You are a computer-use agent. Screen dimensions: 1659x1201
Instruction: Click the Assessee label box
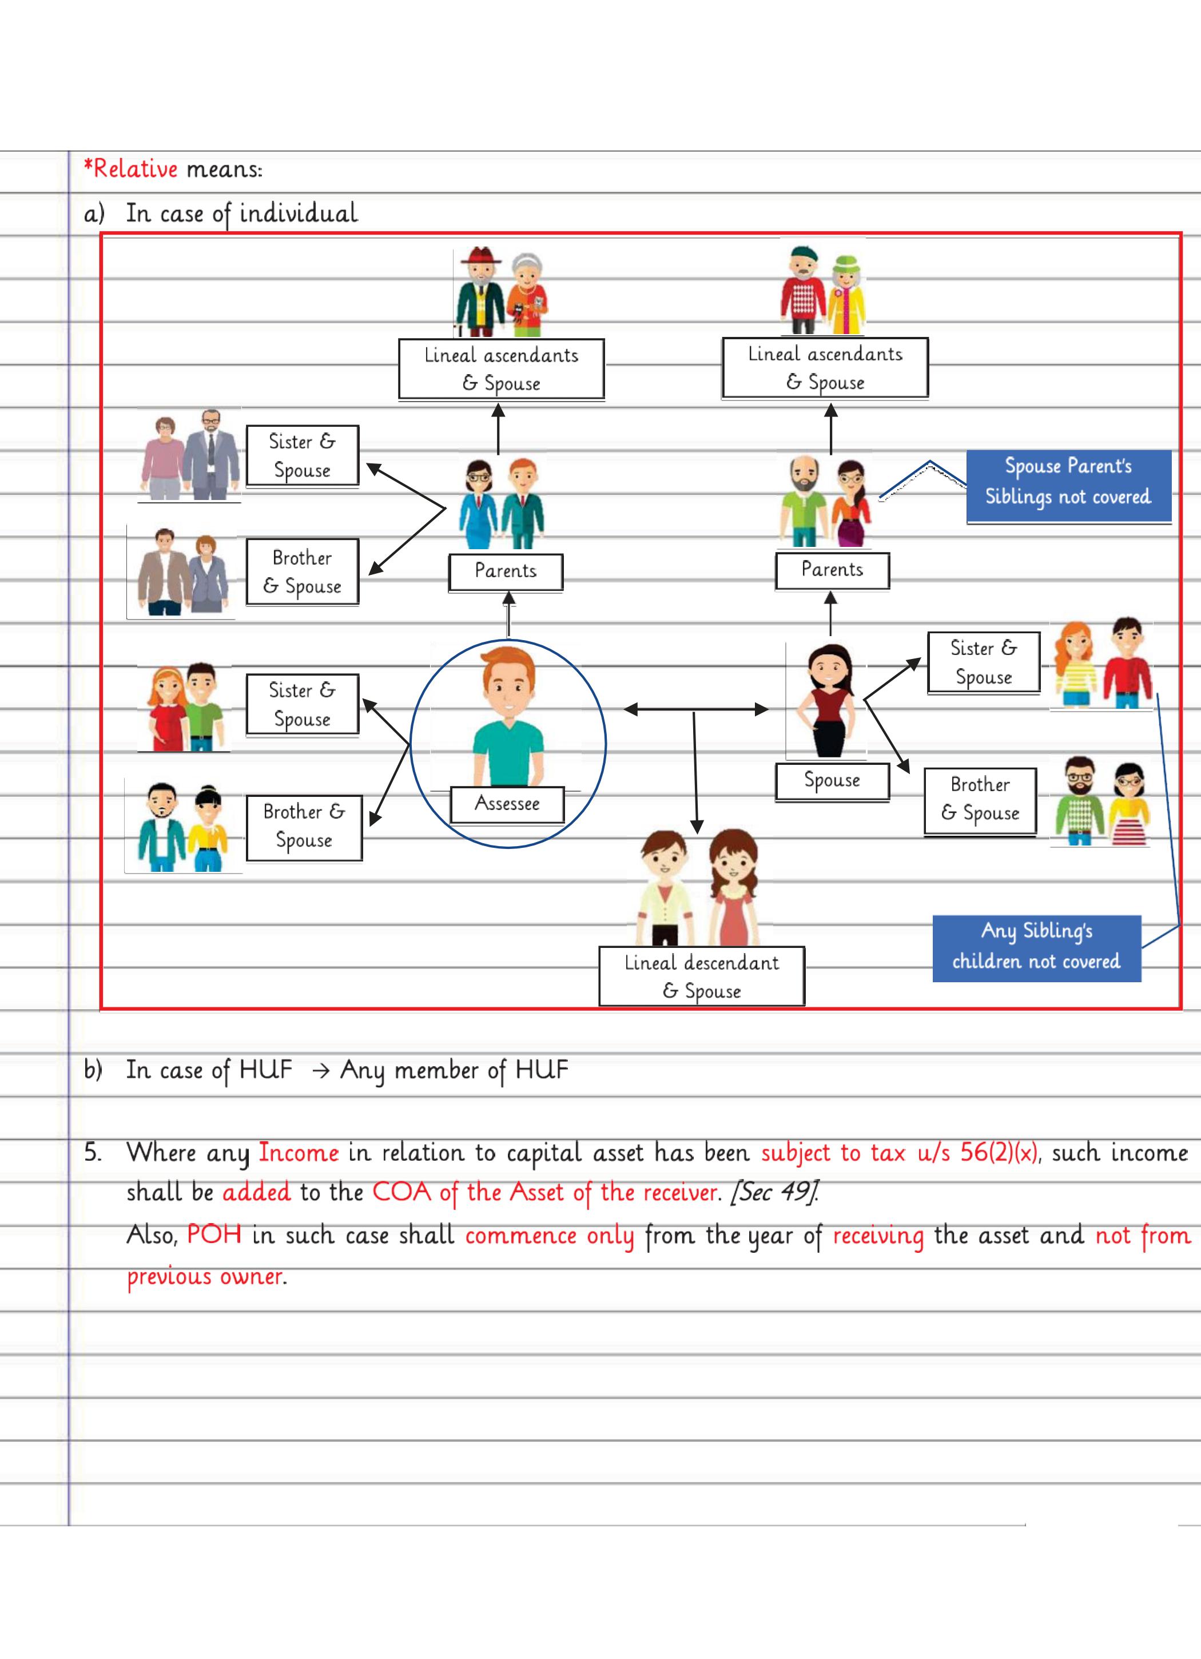tap(507, 804)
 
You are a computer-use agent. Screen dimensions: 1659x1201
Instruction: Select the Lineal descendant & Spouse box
tap(701, 976)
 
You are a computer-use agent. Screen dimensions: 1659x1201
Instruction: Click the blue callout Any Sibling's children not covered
tap(1036, 947)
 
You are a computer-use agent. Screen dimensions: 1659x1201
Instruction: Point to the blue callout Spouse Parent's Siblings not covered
tap(1068, 482)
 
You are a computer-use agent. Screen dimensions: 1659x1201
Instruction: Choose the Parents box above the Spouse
tap(832, 570)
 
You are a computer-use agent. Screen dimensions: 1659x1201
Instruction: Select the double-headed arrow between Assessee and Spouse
tap(695, 709)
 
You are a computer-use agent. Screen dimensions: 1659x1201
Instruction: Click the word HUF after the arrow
tap(541, 1069)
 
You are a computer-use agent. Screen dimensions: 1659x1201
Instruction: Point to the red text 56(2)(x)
tap(999, 1152)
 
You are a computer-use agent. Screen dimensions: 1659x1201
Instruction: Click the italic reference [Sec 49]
tap(774, 1192)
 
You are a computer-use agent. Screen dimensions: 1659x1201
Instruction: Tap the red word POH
tap(213, 1235)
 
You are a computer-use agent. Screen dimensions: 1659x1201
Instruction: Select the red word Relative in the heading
tap(136, 169)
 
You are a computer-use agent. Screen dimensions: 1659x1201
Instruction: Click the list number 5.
tap(92, 1153)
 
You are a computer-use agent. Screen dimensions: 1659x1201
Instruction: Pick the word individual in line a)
tap(299, 213)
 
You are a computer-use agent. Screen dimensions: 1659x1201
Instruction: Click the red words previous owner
tap(205, 1276)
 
